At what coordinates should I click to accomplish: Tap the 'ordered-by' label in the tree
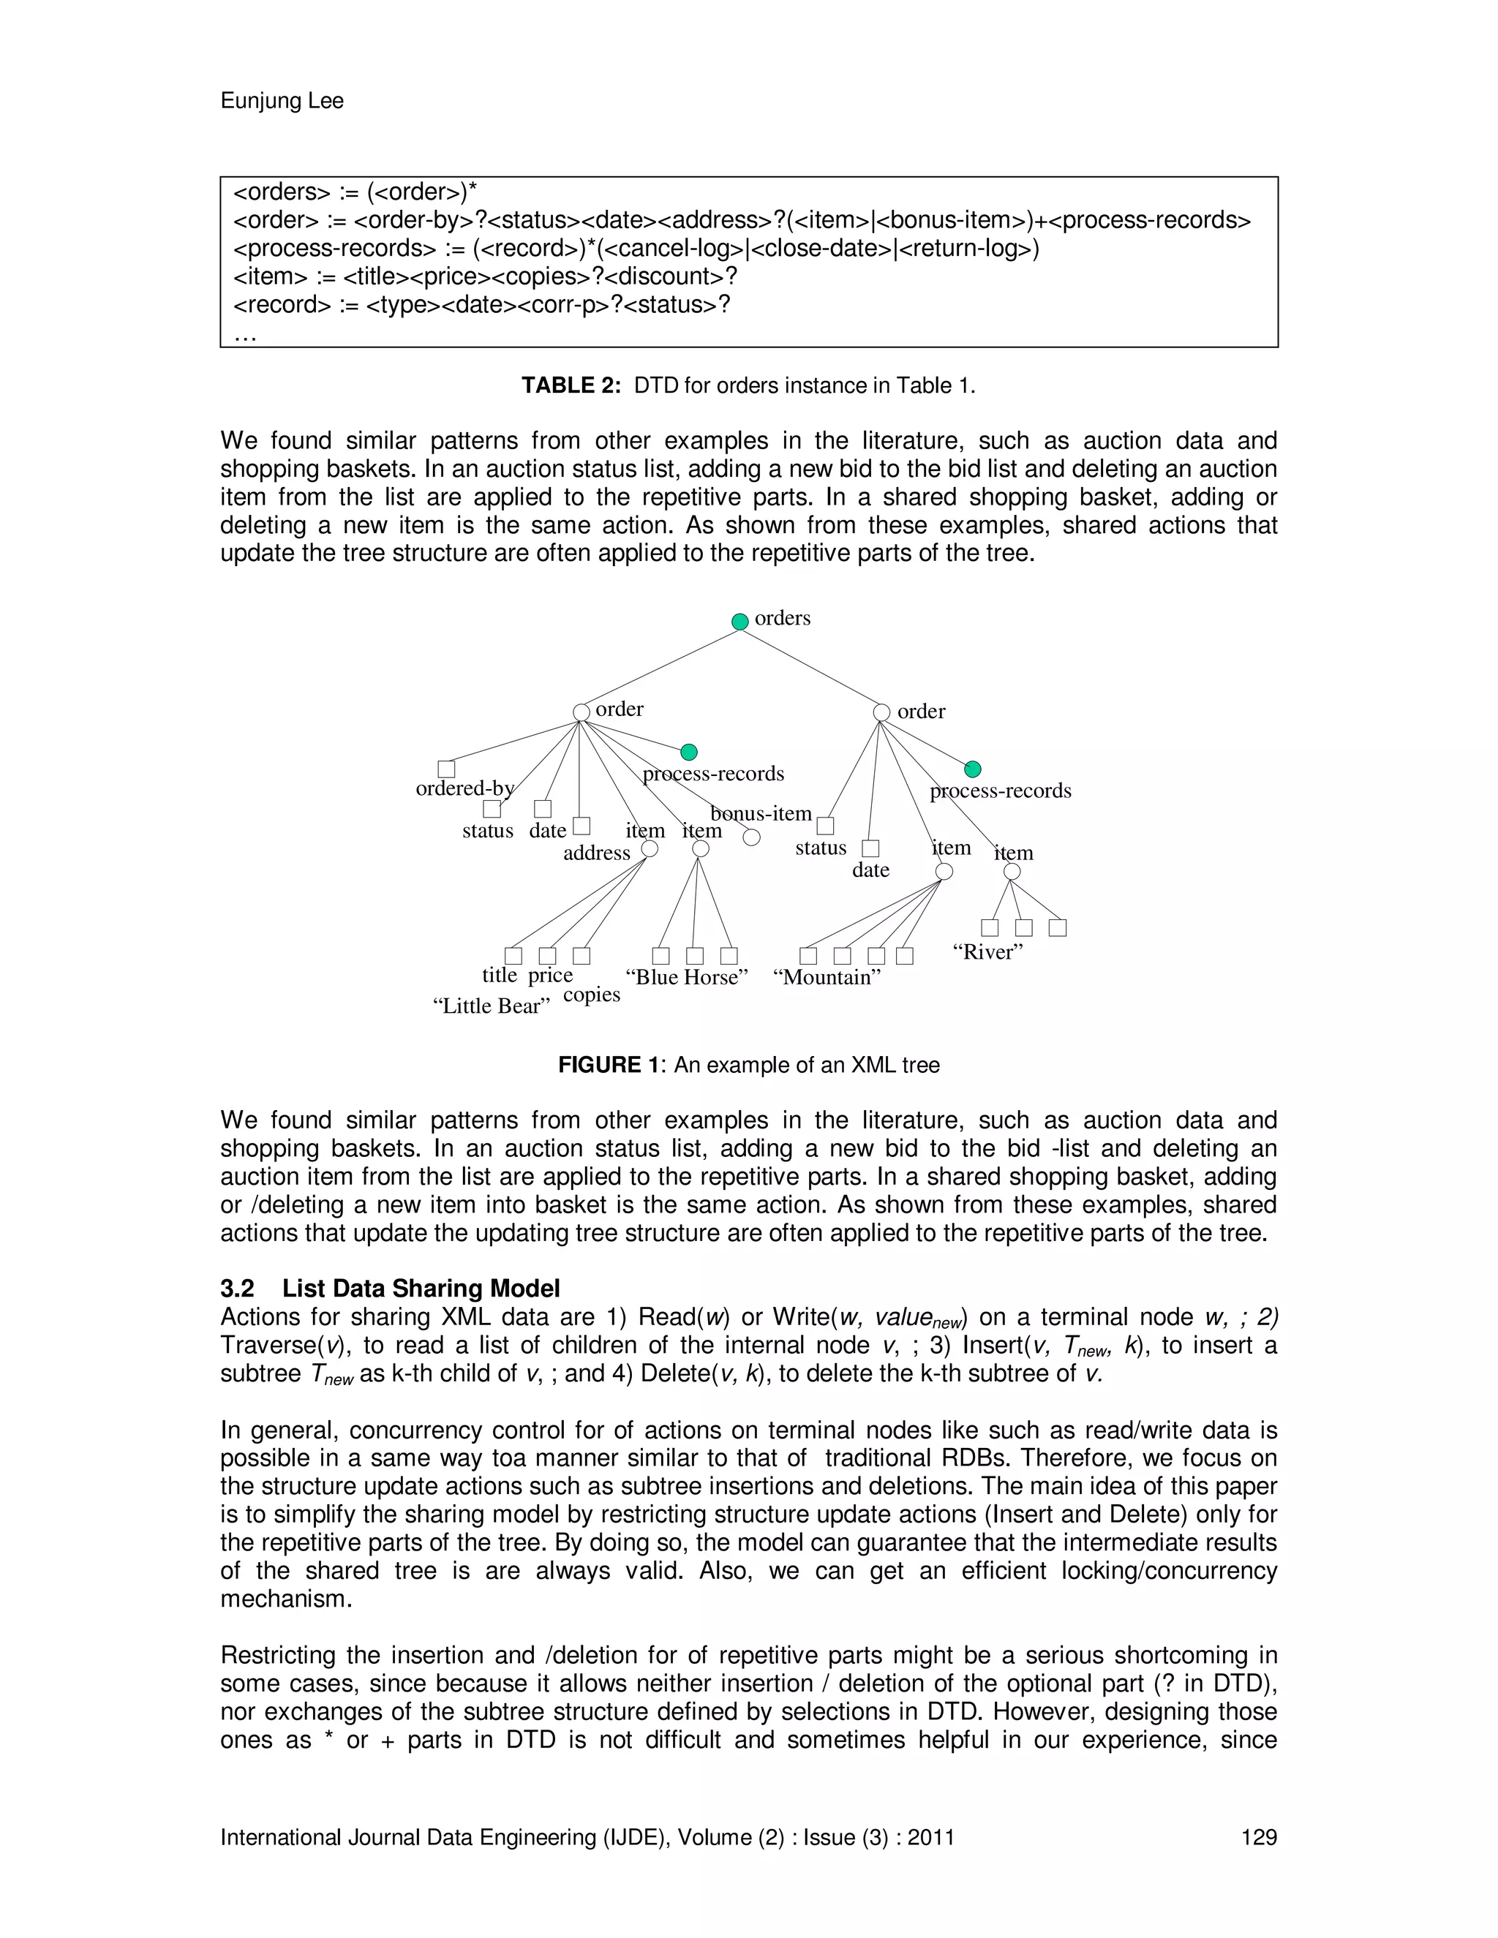pyautogui.click(x=465, y=788)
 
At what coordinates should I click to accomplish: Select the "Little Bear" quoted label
pyautogui.click(x=491, y=1006)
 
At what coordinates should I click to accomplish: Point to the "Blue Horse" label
pyautogui.click(x=686, y=977)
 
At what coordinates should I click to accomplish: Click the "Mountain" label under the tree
pyautogui.click(x=827, y=977)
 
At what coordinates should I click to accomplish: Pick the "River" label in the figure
pyautogui.click(x=987, y=952)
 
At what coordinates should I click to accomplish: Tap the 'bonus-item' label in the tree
pyautogui.click(x=761, y=814)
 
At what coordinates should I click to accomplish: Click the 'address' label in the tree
pyautogui.click(x=596, y=853)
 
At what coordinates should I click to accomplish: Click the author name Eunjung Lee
pyautogui.click(x=282, y=101)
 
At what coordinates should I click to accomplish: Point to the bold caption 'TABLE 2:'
pyautogui.click(x=571, y=386)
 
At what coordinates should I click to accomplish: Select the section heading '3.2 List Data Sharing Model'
pyautogui.click(x=390, y=1289)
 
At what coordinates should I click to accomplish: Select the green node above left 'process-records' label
pyautogui.click(x=688, y=753)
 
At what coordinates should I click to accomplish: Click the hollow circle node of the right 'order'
pyautogui.click(x=881, y=712)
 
